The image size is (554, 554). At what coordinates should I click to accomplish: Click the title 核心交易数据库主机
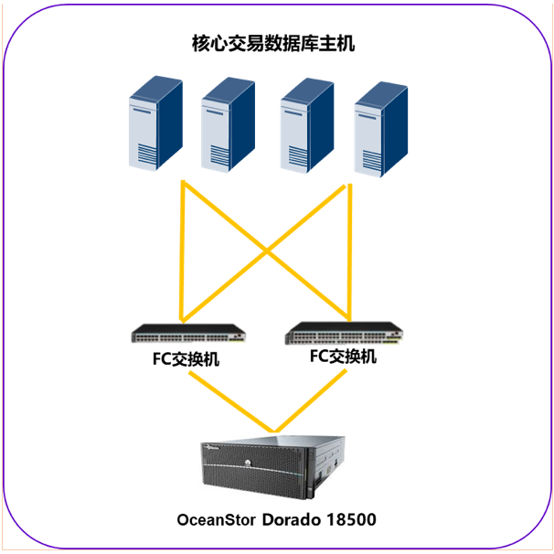pyautogui.click(x=273, y=43)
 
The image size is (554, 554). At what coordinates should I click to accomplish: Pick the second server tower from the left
pyautogui.click(x=226, y=125)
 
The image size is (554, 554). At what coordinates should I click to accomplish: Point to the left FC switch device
pyautogui.click(x=187, y=334)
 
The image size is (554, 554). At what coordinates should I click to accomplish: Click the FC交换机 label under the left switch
pyautogui.click(x=186, y=359)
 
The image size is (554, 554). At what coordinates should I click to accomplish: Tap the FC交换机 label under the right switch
pyautogui.click(x=343, y=357)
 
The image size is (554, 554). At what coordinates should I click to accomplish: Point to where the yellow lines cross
pyautogui.click(x=266, y=249)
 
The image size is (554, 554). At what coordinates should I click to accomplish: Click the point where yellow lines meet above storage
pyautogui.click(x=272, y=430)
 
